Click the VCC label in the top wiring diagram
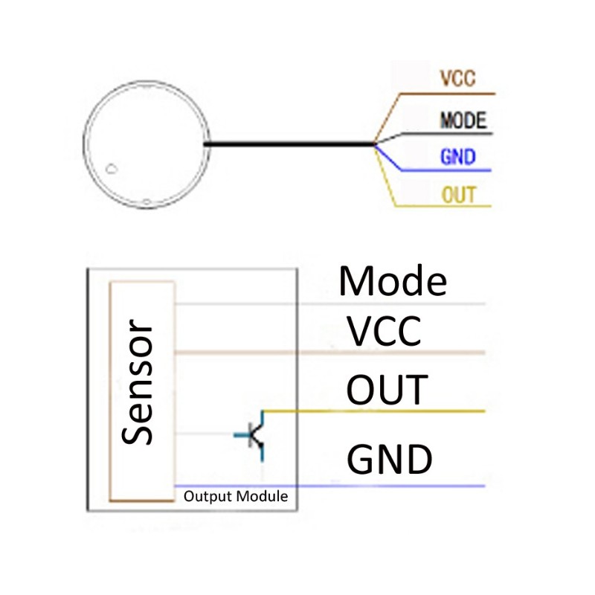coord(457,79)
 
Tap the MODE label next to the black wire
coord(463,120)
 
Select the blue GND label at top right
coord(457,158)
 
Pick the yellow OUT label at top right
coord(458,196)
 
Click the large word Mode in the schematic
coord(393,282)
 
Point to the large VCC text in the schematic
coord(385,331)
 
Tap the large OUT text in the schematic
coord(387,390)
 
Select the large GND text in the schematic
coord(390,459)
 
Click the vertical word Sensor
coord(139,382)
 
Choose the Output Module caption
coord(235,496)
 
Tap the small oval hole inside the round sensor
coord(112,168)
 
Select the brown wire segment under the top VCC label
coord(446,94)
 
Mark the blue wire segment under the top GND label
coord(446,171)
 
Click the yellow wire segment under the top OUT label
coord(446,207)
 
